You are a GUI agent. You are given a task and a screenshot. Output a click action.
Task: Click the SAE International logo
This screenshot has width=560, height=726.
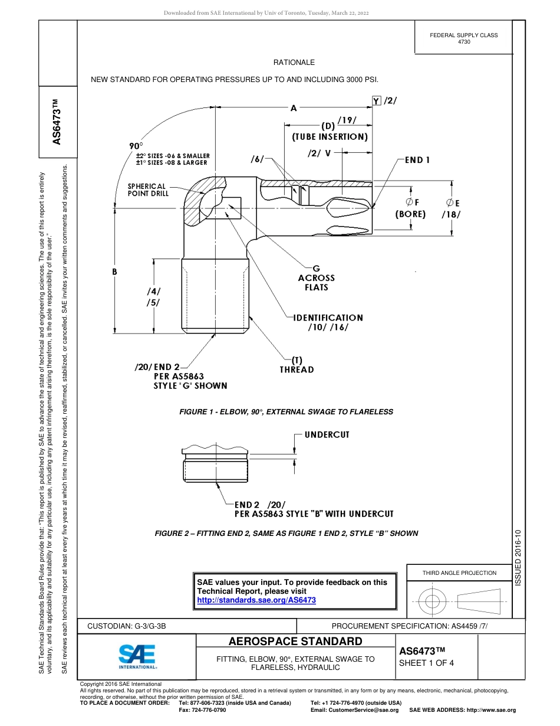[137, 656]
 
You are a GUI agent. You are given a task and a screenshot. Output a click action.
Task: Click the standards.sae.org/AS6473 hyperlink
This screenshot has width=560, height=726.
[256, 600]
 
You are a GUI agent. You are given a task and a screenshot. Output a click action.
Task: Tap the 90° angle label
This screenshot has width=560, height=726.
[136, 146]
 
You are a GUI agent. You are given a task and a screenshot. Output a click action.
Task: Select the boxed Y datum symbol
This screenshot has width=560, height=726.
[376, 101]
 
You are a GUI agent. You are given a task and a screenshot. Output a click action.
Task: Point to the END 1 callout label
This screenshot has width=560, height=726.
[417, 160]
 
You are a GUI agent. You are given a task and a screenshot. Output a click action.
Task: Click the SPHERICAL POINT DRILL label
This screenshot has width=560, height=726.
[147, 189]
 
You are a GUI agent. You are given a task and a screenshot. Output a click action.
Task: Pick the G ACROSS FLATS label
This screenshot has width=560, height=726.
[316, 277]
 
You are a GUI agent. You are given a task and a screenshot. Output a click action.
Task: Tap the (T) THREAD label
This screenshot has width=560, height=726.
[297, 365]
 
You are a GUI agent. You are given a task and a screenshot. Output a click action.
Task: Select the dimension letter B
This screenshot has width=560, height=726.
[115, 272]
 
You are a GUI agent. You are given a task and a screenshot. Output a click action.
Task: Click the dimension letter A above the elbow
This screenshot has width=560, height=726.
[294, 108]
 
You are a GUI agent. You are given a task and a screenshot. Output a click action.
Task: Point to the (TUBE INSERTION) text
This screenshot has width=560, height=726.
[330, 137]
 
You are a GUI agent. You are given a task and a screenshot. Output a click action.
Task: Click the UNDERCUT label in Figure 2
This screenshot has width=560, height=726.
[327, 435]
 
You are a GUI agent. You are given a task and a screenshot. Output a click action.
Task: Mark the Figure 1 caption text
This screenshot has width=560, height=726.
[286, 411]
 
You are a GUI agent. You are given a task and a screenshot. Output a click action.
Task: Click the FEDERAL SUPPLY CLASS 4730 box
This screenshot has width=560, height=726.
[463, 38]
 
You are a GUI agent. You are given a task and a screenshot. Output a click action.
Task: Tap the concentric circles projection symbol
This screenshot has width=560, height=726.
[433, 602]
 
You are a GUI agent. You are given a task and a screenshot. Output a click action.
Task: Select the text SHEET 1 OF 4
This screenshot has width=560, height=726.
[426, 662]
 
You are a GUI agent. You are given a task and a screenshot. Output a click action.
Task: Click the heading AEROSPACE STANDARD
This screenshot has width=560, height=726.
[295, 642]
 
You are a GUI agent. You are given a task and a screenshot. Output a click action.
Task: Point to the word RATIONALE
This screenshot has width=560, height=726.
[294, 63]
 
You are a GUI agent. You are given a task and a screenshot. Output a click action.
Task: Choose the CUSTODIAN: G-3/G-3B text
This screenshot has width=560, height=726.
[130, 626]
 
